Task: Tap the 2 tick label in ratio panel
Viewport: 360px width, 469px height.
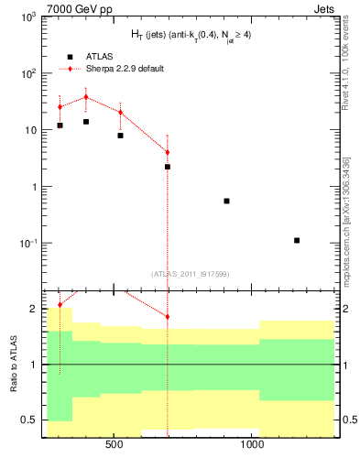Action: click(x=32, y=309)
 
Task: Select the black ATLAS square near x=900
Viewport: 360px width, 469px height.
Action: click(x=226, y=201)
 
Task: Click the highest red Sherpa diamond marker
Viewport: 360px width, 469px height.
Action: click(x=86, y=97)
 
